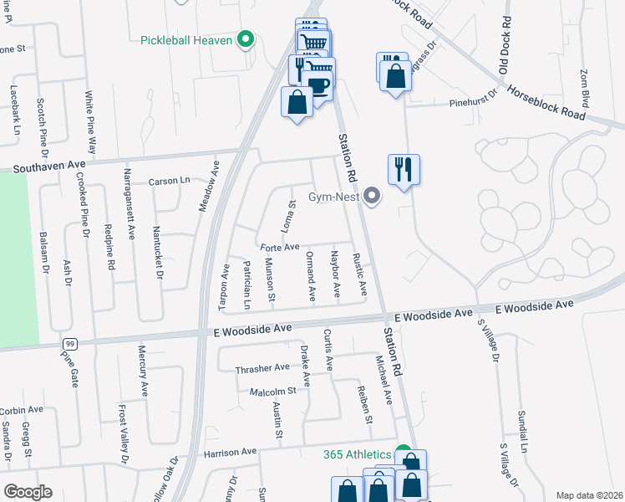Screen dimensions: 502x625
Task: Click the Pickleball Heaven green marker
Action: tap(246, 38)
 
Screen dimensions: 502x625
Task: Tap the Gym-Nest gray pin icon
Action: tap(373, 197)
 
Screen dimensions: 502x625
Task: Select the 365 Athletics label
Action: tap(357, 454)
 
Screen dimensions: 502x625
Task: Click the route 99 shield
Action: tap(70, 344)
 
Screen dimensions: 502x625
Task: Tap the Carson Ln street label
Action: tap(170, 181)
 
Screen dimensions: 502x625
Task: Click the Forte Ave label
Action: tap(280, 247)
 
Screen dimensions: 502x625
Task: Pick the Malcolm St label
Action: tap(273, 391)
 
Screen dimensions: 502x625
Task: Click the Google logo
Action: tap(28, 491)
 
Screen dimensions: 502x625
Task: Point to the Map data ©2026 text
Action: tap(588, 495)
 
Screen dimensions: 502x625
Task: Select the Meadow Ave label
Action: tap(202, 187)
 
